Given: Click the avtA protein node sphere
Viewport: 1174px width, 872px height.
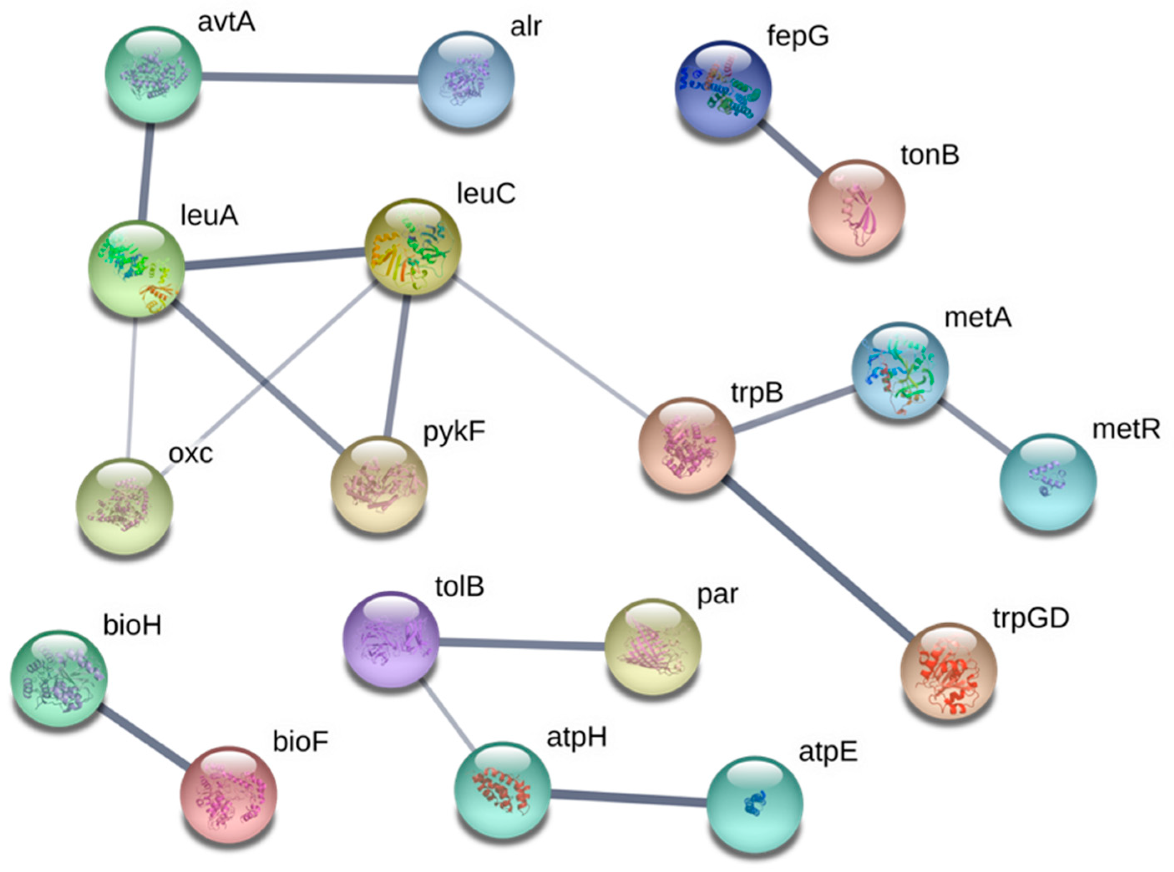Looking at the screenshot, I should click(x=153, y=74).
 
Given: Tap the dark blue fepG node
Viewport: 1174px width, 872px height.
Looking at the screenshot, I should click(x=723, y=89).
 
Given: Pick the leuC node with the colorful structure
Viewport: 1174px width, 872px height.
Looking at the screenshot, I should click(x=413, y=246).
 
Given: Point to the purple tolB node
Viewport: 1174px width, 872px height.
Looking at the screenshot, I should click(x=391, y=639).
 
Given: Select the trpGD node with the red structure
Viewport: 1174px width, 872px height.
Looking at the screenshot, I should click(x=948, y=670).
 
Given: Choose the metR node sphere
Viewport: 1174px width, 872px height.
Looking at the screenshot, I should click(x=1048, y=481).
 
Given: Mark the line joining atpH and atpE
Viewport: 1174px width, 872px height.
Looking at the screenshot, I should click(x=628, y=798).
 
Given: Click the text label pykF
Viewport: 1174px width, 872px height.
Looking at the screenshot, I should click(x=454, y=432).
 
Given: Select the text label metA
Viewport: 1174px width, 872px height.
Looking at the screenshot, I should click(x=978, y=318).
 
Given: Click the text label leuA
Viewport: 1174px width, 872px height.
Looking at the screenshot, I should click(x=209, y=215).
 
